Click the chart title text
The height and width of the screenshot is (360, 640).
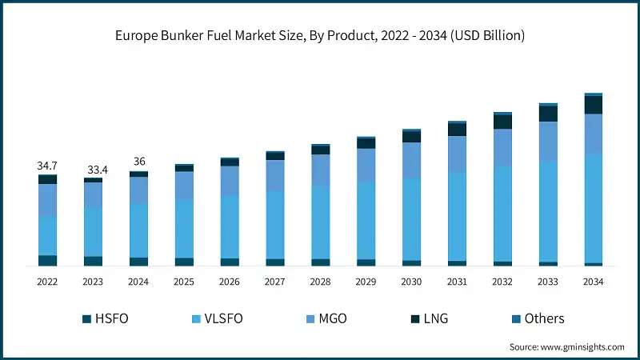(320, 36)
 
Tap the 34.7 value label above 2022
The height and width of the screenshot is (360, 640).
(47, 166)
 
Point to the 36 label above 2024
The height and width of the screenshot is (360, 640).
(138, 162)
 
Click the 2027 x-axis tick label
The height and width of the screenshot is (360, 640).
(274, 282)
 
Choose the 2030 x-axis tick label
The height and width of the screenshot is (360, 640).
(411, 282)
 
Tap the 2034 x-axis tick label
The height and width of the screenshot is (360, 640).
(593, 282)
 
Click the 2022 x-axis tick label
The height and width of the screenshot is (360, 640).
(47, 282)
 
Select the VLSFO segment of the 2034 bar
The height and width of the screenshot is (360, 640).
(593, 208)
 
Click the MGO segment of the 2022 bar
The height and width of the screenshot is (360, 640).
(47, 200)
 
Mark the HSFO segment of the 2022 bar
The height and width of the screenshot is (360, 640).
(47, 260)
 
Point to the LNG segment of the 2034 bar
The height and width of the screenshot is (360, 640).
(593, 105)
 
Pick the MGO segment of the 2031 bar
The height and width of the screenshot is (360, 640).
(457, 154)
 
